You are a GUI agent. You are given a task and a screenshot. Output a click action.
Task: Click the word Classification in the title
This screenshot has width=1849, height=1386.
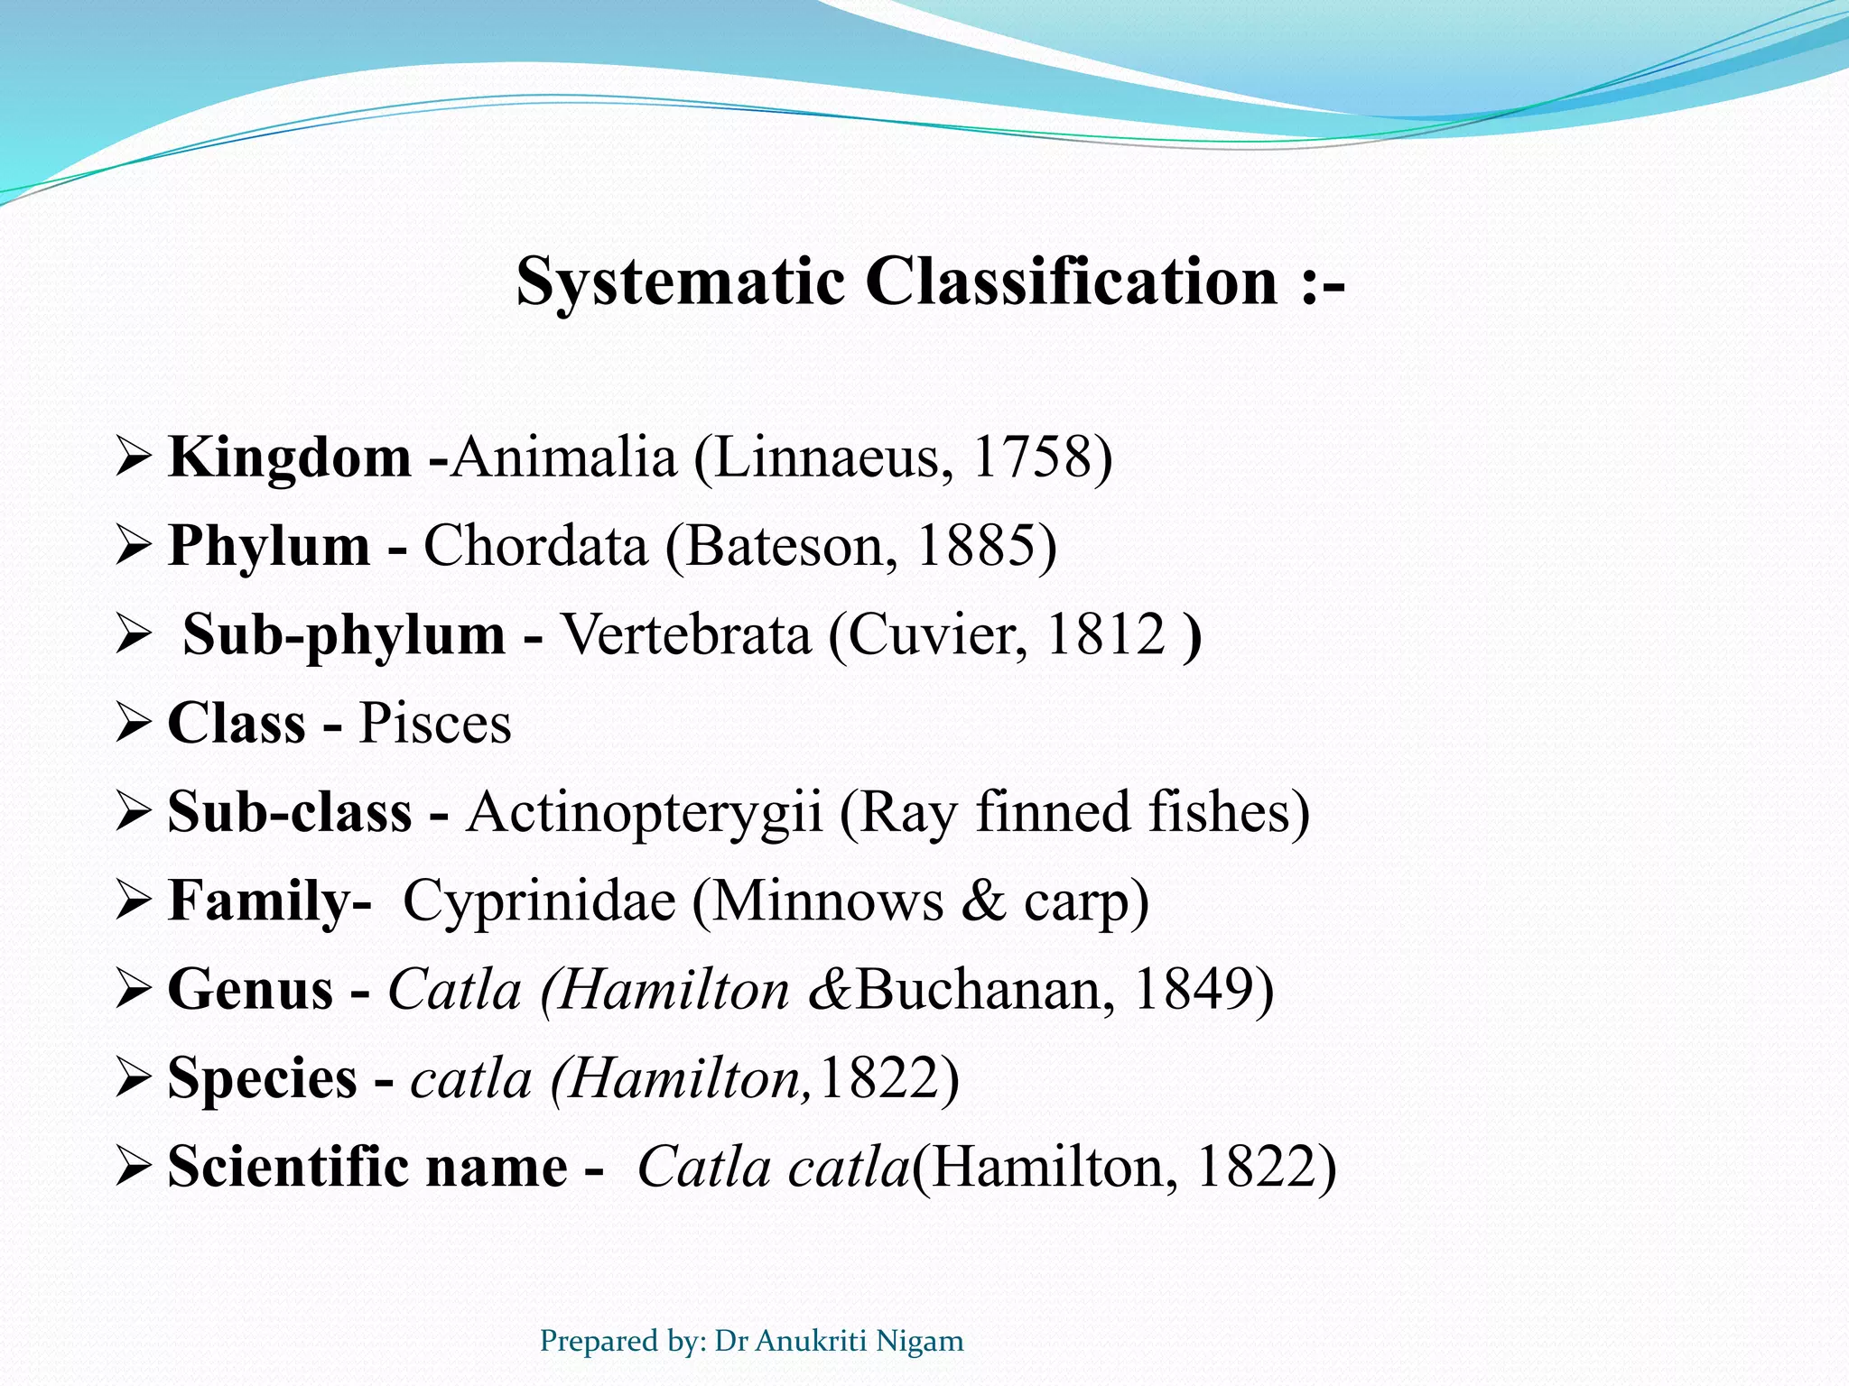[x=1072, y=282]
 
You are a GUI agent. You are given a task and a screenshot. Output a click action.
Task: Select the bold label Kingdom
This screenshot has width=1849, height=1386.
[x=289, y=457]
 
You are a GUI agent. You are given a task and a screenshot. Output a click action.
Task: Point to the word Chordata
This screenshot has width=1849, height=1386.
[x=535, y=546]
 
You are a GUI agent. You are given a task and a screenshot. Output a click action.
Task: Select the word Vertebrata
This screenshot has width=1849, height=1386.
[x=686, y=635]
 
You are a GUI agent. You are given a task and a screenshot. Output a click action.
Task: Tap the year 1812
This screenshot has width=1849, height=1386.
[x=1106, y=635]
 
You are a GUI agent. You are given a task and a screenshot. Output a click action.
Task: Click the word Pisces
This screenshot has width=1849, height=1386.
[x=435, y=724]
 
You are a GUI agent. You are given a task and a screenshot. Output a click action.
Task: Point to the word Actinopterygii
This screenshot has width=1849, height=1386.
[x=644, y=812]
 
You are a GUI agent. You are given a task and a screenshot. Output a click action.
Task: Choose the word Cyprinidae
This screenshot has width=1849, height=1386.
[x=539, y=901]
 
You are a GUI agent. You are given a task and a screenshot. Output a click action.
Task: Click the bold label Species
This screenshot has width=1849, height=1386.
[x=262, y=1078]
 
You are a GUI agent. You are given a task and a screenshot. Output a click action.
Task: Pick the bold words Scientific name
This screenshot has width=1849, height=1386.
[x=367, y=1167]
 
